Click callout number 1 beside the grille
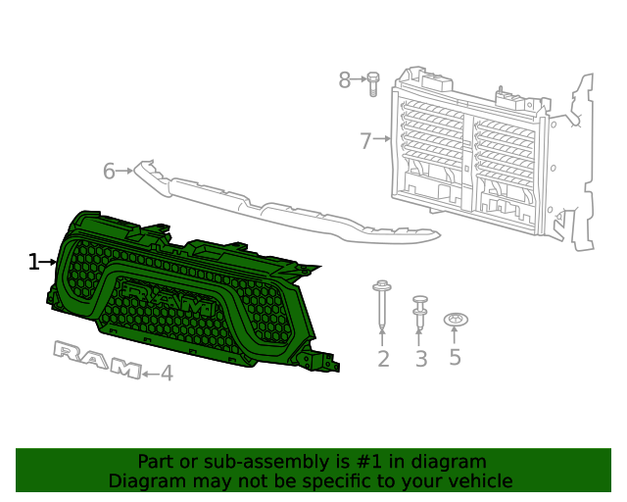point(33,262)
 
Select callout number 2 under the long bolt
point(383,359)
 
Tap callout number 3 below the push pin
point(421,359)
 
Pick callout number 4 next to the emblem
point(167,374)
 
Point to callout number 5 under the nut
point(455,357)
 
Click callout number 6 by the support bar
point(109,172)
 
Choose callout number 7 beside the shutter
point(365,141)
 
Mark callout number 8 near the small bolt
point(344,80)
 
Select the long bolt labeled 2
point(382,303)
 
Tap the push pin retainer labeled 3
point(420,309)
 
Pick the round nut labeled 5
point(455,320)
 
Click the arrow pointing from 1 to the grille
point(49,262)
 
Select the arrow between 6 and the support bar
point(124,172)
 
